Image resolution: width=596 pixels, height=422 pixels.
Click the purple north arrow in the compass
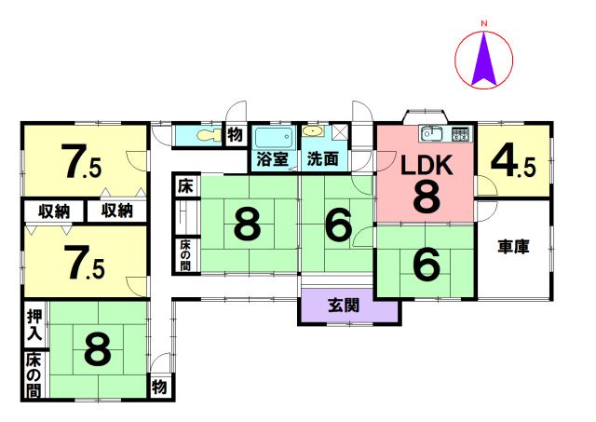click(484, 61)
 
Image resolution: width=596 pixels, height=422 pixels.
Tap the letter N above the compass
click(484, 24)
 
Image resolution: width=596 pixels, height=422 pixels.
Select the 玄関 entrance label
click(344, 306)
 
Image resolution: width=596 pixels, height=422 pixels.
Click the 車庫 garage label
click(513, 247)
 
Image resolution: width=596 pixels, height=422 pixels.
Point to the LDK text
click(427, 166)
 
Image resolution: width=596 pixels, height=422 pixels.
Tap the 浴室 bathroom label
click(273, 159)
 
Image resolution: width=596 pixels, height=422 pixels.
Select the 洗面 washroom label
click(323, 159)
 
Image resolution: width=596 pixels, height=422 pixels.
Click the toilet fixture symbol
click(208, 134)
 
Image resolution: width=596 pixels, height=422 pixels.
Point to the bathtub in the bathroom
click(274, 138)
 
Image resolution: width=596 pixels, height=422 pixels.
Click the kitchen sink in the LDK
click(432, 134)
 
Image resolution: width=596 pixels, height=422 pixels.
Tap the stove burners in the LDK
click(459, 134)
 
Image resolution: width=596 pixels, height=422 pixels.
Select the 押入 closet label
click(34, 324)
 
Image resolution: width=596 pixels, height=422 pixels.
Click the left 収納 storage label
click(54, 211)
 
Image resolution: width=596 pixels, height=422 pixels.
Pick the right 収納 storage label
click(116, 211)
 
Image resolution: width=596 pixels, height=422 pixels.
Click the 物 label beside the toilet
click(236, 134)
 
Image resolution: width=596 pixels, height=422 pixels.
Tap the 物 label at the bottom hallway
click(159, 387)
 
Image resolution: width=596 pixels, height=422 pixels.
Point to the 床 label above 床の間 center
click(185, 186)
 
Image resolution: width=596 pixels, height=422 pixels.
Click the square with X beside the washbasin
click(339, 132)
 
